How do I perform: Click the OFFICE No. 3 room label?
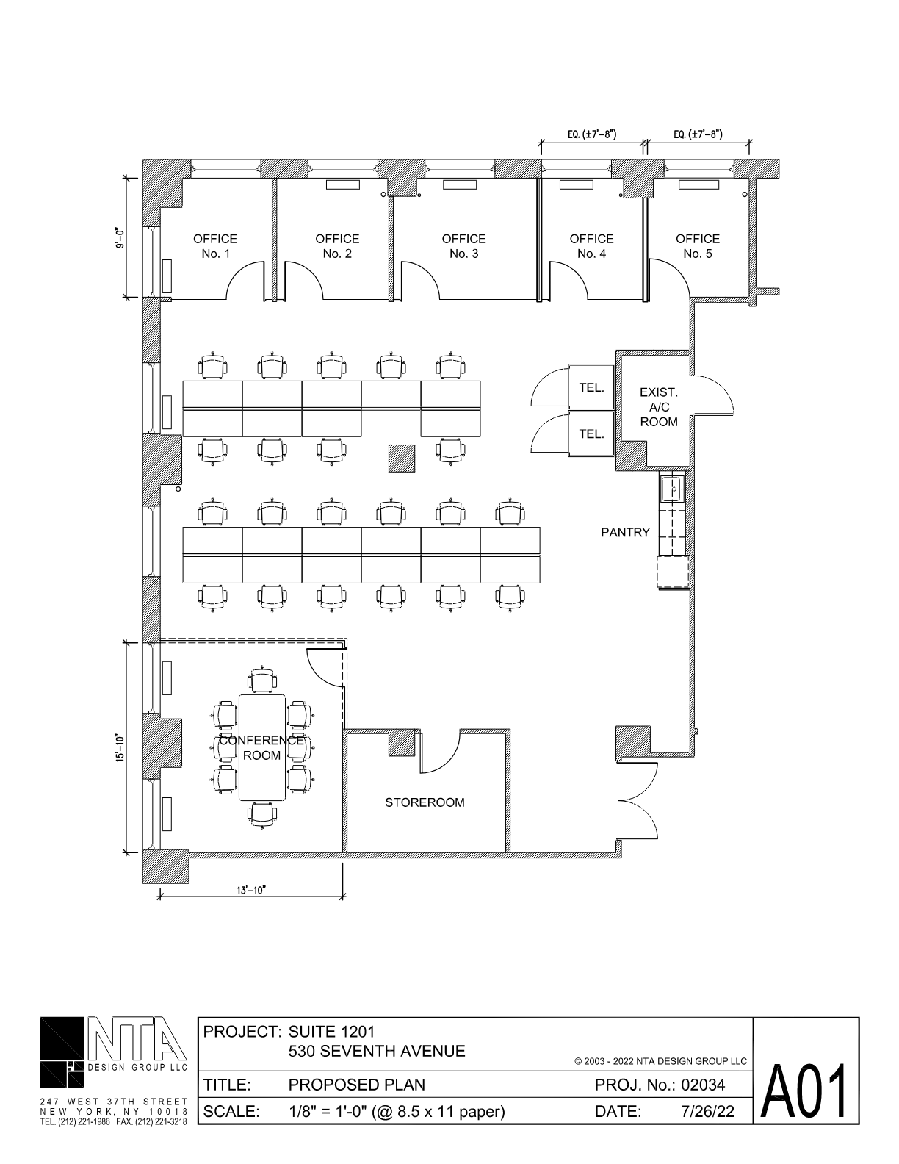[x=463, y=246]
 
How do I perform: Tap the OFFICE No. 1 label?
[x=215, y=246]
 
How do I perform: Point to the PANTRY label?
[x=625, y=532]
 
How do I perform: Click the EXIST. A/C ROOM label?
[x=659, y=407]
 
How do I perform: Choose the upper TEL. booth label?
[x=591, y=387]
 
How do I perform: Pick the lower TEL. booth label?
[x=591, y=434]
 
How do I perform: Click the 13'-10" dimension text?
[x=251, y=890]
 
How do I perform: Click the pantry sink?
[x=671, y=489]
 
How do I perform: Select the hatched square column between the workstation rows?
[x=402, y=459]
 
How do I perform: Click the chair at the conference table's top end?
[x=261, y=680]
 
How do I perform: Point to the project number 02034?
[x=703, y=1085]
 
